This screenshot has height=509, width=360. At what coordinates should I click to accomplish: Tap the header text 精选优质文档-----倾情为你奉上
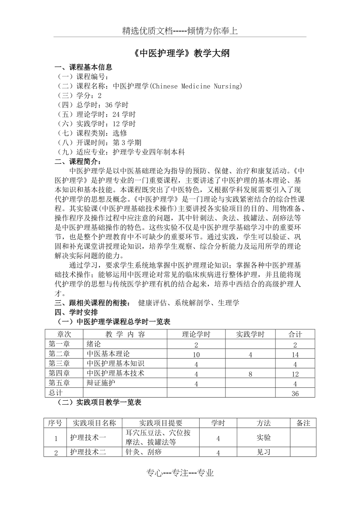point(180,31)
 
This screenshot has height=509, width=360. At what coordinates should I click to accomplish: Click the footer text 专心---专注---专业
point(180,473)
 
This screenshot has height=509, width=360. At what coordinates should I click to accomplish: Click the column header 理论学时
point(196,334)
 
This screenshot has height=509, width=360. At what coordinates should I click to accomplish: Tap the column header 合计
point(295,334)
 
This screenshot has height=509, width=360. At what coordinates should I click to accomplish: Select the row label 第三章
point(59,364)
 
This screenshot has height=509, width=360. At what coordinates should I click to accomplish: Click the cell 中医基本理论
point(108,354)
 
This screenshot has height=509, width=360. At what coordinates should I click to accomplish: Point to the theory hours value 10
point(196,355)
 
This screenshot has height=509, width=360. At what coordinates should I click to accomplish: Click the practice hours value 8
point(250,374)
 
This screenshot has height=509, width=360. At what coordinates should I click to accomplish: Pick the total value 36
point(295,394)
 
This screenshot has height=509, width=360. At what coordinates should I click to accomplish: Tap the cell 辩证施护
point(101,383)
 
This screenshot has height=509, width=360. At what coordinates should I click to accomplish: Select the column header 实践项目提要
point(161,423)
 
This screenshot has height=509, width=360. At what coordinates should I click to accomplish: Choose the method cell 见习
point(263,452)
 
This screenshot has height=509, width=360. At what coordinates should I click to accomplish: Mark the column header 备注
point(303,423)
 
